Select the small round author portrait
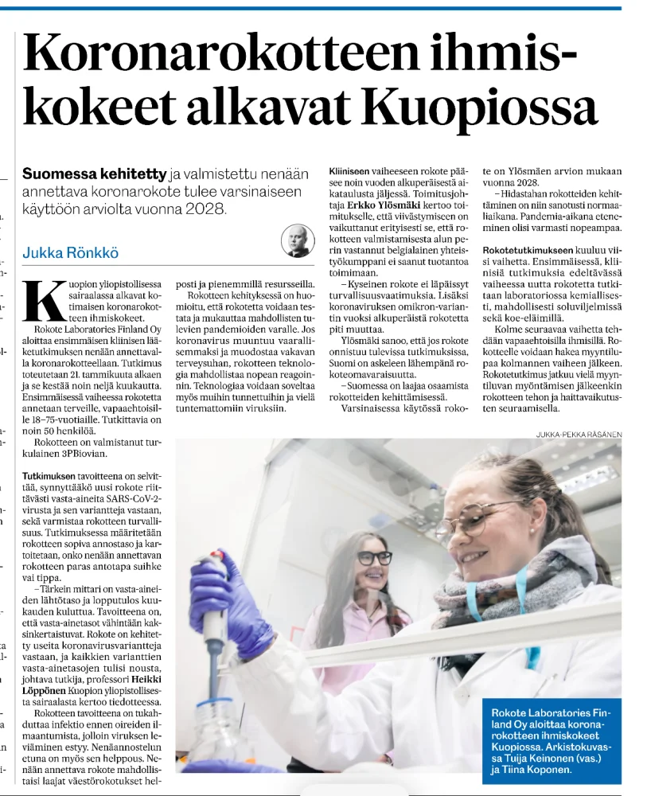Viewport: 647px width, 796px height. (298, 240)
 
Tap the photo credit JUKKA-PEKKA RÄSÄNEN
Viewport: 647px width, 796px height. (579, 434)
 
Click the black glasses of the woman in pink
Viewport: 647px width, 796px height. (374, 557)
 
